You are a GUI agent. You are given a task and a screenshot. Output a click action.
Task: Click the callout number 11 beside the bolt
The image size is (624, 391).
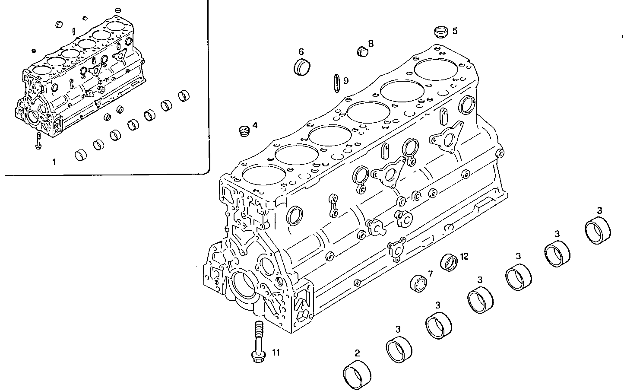tap(276, 353)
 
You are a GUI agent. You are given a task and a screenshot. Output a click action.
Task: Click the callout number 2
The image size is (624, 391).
tap(357, 353)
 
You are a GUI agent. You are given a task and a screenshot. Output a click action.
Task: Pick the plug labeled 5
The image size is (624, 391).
tap(440, 32)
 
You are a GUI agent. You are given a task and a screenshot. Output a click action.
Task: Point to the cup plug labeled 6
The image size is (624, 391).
tap(301, 67)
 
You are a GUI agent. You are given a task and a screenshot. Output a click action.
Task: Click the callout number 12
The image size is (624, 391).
tap(464, 256)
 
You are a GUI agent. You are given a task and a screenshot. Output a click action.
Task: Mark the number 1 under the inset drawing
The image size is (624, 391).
tap(54, 162)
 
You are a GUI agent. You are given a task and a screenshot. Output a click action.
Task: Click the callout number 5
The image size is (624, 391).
tap(455, 31)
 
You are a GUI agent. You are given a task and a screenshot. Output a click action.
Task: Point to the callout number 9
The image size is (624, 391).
tap(346, 80)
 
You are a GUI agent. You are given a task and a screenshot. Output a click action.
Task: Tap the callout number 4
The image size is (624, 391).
tap(255, 125)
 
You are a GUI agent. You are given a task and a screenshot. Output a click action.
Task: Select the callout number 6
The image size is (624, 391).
tap(301, 51)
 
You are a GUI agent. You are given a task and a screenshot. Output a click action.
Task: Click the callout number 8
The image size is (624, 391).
tap(371, 43)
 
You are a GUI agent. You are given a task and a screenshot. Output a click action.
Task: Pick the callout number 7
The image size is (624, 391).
tap(430, 273)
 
